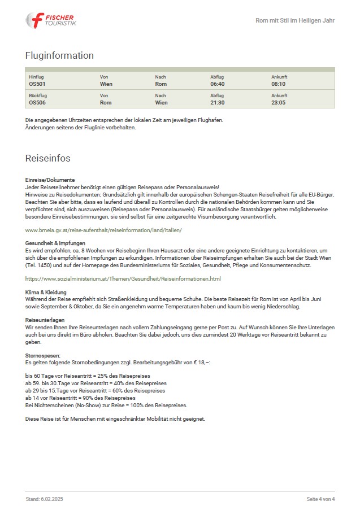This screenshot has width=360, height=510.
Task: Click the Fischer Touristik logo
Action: (50, 20)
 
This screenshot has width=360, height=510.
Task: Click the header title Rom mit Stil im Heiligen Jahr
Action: (295, 20)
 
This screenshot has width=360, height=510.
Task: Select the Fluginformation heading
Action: (59, 55)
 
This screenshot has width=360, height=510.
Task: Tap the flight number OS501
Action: (37, 84)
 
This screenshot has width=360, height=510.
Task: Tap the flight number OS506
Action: (37, 103)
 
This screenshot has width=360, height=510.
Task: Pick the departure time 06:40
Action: (218, 84)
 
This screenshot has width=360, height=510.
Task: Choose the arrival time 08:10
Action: (279, 84)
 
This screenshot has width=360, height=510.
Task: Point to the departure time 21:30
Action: (218, 103)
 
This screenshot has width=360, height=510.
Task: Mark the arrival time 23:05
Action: (279, 103)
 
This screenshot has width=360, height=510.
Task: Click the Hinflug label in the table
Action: (36, 77)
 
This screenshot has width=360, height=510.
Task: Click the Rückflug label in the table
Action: (37, 95)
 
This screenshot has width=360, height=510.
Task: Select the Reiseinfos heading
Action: (48, 158)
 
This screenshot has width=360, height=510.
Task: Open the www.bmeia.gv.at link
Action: (103, 230)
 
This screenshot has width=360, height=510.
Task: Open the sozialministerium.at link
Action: (123, 279)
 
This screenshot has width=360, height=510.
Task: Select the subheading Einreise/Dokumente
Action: (50, 180)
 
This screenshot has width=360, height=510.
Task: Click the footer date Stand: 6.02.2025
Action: (45, 499)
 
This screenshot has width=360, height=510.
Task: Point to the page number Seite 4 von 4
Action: (320, 499)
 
